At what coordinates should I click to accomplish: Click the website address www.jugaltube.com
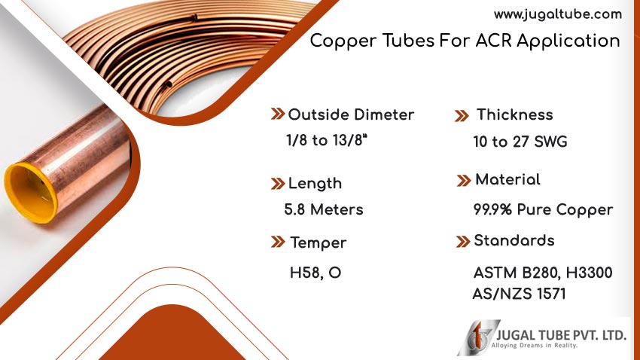[x=557, y=14]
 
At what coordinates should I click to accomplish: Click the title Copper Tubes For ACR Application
[x=465, y=41]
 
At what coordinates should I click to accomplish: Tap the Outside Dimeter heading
[x=351, y=114]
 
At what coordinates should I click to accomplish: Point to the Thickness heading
[x=515, y=114]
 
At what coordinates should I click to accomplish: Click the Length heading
[x=315, y=183]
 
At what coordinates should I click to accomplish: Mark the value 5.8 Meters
[x=324, y=209]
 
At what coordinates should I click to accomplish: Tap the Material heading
[x=507, y=180]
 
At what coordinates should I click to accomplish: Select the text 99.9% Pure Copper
[x=543, y=209]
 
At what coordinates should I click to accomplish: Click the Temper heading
[x=318, y=243]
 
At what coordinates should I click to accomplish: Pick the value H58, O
[x=315, y=273]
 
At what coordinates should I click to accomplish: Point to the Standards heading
[x=514, y=241]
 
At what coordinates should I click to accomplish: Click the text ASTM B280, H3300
[x=542, y=273]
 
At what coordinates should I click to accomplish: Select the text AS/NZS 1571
[x=520, y=294]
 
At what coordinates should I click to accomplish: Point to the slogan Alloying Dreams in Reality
[x=535, y=346]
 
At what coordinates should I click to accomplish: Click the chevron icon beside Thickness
[x=462, y=115]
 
